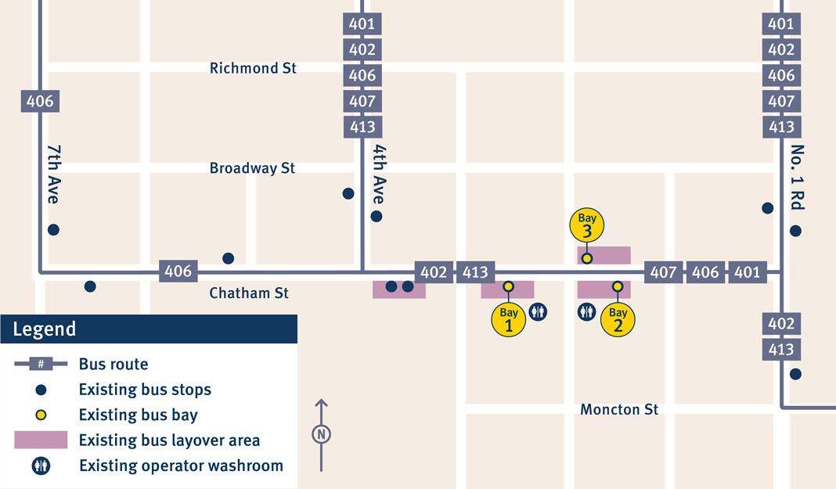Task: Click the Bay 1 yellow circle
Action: [x=509, y=319]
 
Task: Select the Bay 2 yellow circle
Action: [x=618, y=319]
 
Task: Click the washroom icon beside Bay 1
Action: [x=538, y=312]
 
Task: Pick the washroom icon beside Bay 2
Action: [x=587, y=312]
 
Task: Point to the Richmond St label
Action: [x=253, y=69]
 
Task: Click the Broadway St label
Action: [x=252, y=168]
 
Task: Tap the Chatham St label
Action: [x=249, y=293]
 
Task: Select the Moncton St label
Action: [x=619, y=410]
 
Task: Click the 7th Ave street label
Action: [x=53, y=174]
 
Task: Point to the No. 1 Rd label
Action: [x=798, y=178]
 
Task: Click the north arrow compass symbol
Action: [x=321, y=434]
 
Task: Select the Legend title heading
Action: [x=45, y=329]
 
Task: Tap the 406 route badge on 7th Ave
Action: [x=40, y=101]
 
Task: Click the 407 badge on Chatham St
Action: [x=663, y=272]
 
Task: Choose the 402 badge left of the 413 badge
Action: [x=434, y=272]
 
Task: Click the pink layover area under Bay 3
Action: [x=604, y=255]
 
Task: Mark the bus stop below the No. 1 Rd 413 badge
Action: [x=795, y=374]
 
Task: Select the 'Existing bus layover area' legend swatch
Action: [x=41, y=440]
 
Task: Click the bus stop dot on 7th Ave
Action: [x=53, y=230]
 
